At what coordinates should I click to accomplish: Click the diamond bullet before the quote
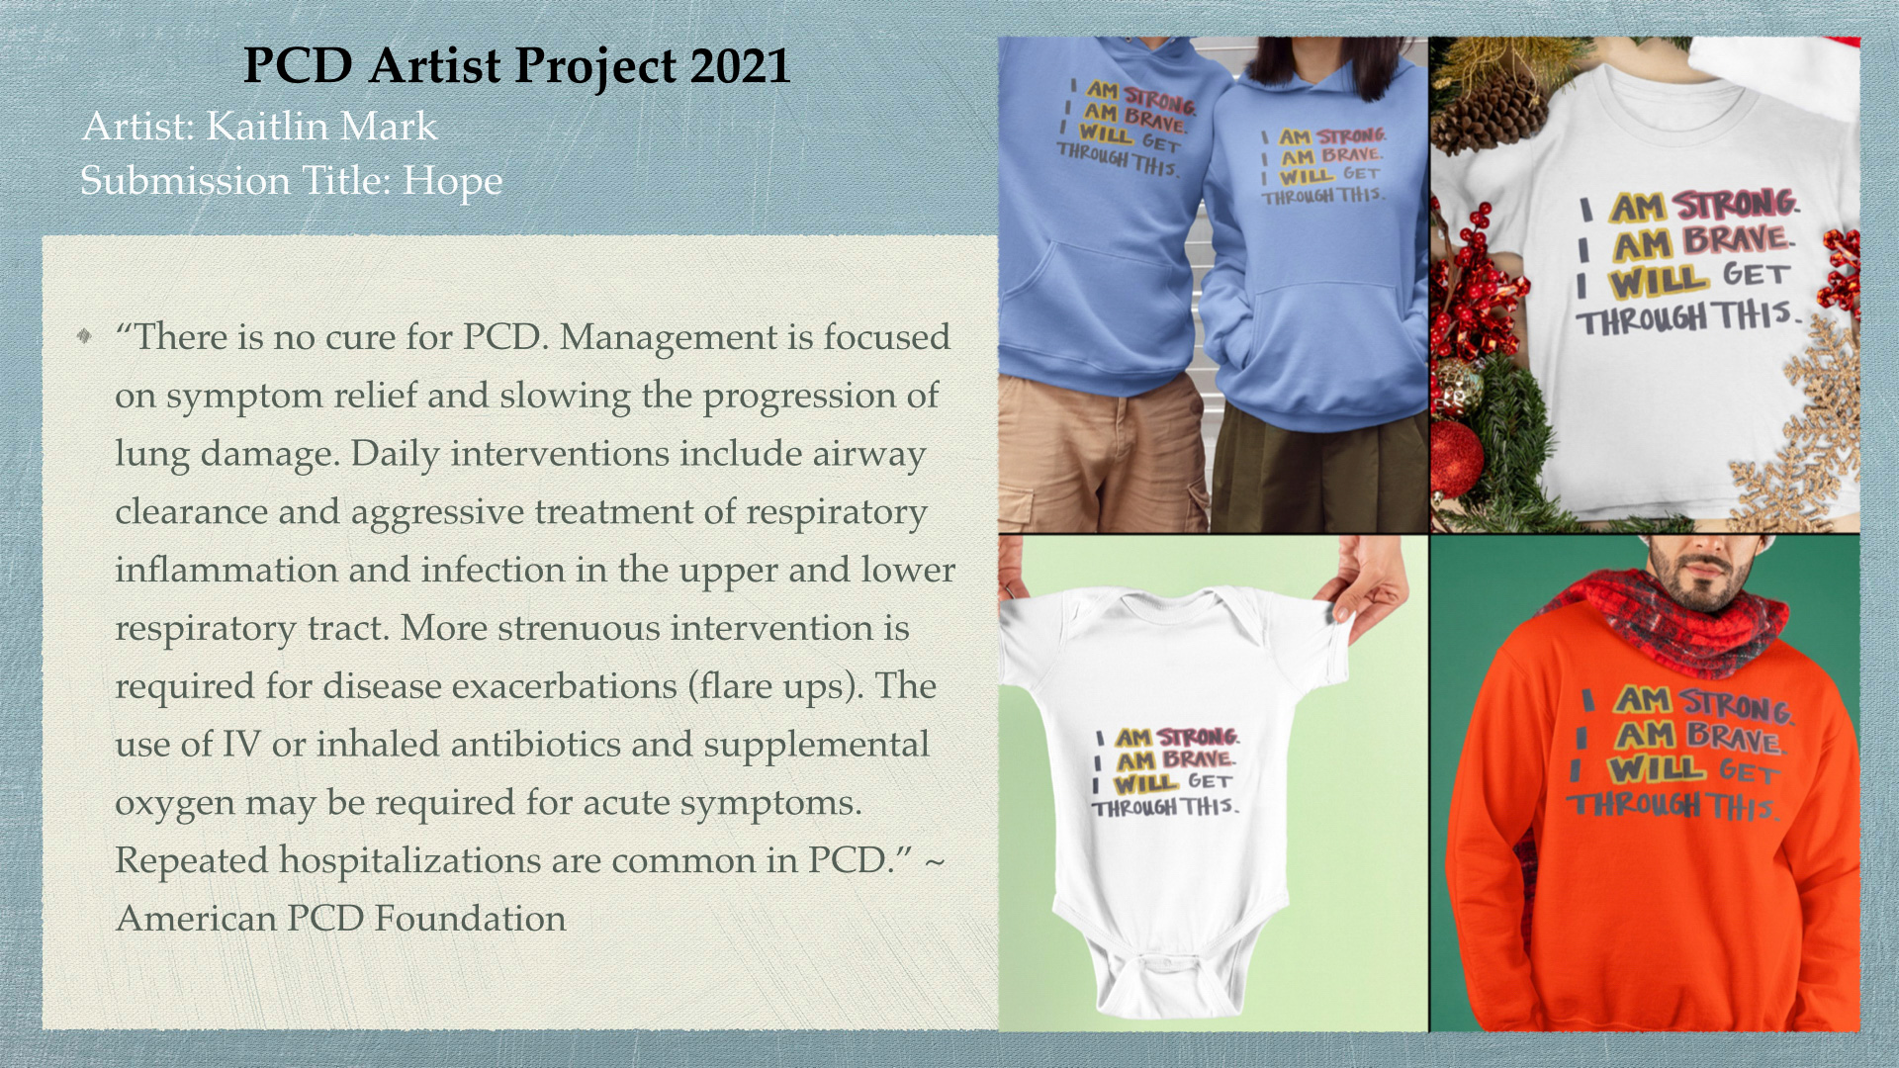pyautogui.click(x=84, y=336)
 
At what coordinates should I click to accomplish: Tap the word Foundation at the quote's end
pyautogui.click(x=470, y=919)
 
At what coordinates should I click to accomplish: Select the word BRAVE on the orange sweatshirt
pyautogui.click(x=1733, y=737)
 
